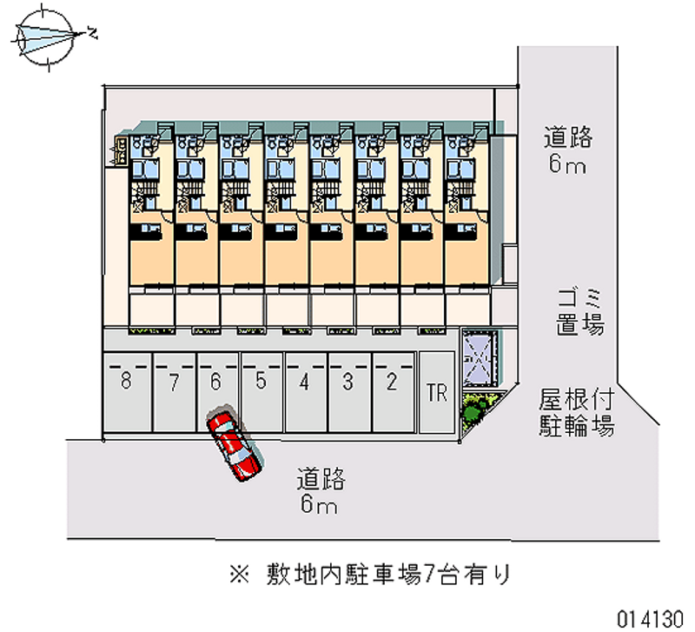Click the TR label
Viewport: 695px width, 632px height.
[x=437, y=393]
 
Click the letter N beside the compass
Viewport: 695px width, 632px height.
[x=92, y=34]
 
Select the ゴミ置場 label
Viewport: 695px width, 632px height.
[x=580, y=311]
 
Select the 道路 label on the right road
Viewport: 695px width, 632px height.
[x=568, y=137]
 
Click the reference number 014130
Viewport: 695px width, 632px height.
[x=650, y=617]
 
